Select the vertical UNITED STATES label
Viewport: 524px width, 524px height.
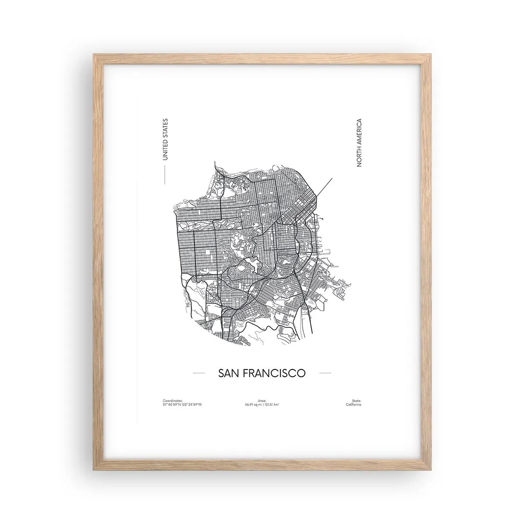[x=165, y=138]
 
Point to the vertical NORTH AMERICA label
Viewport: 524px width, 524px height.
[x=359, y=143]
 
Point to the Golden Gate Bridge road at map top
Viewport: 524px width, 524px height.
[x=216, y=168]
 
